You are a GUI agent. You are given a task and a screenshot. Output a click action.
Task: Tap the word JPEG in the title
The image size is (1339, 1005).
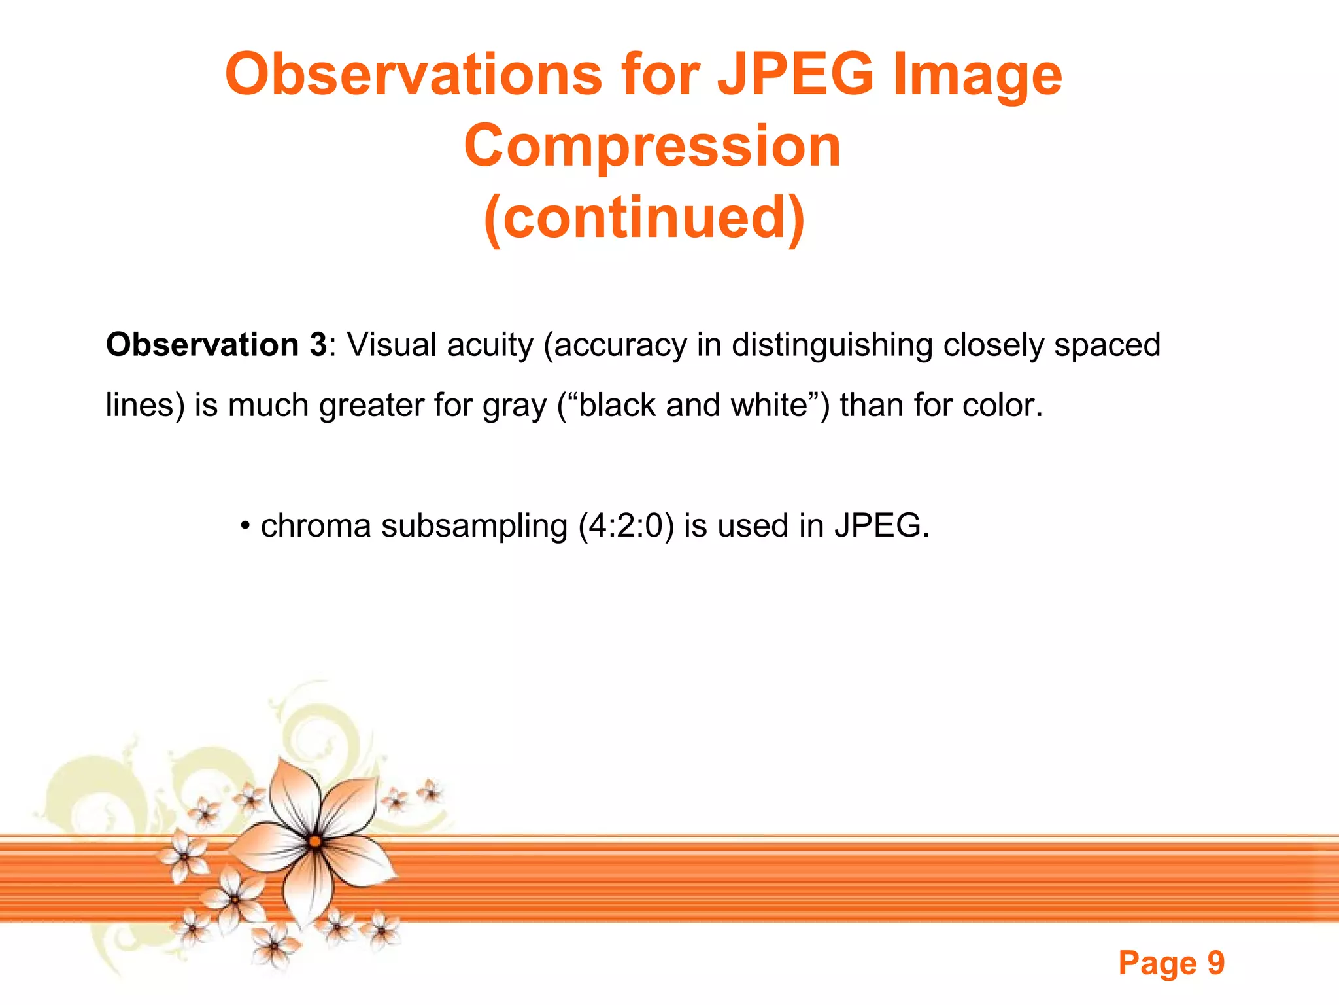[795, 75]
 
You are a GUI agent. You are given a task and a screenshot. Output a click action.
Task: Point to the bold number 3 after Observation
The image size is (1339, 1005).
[318, 345]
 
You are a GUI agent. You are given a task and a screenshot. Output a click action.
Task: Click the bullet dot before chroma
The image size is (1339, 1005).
[245, 526]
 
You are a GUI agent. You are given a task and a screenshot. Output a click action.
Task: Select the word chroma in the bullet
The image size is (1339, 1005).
[316, 526]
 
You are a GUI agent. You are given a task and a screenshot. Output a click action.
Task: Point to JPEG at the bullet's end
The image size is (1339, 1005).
[880, 526]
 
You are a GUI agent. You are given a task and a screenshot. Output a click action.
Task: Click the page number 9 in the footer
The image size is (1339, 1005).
[1215, 962]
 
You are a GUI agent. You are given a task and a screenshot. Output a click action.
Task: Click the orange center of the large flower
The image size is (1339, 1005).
[315, 841]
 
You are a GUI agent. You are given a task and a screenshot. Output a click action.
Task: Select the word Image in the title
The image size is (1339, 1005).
[978, 76]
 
